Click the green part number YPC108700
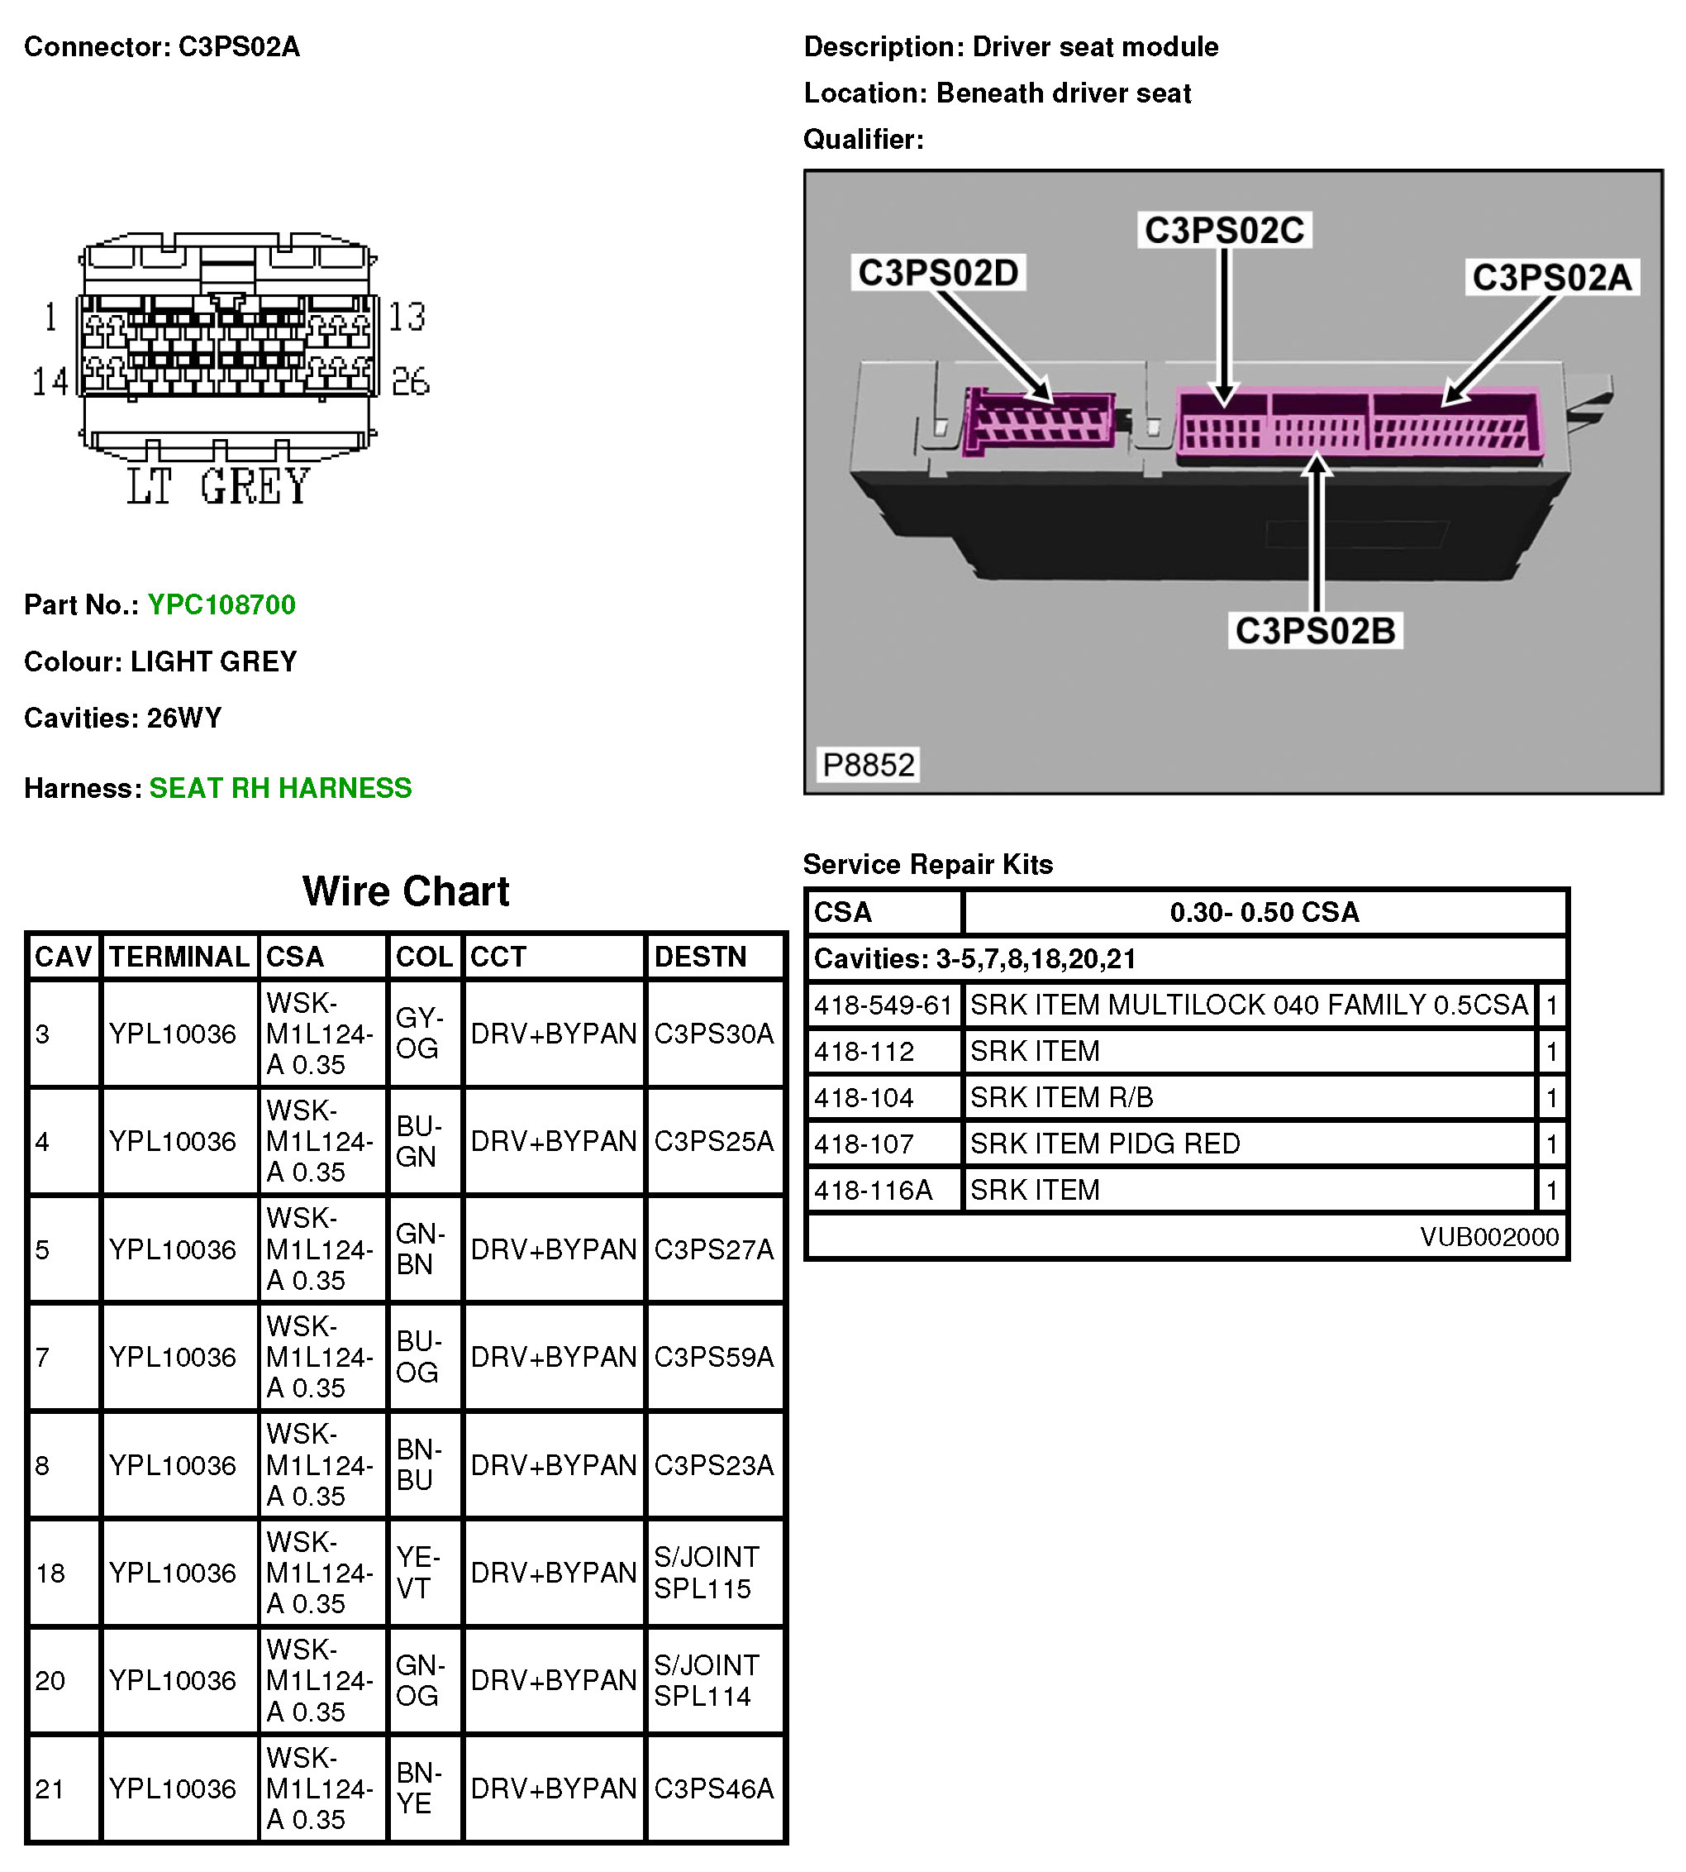tap(221, 605)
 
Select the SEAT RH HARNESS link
tap(280, 789)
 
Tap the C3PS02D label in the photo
tap(937, 274)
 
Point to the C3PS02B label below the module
tap(1315, 631)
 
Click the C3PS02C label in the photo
tap(1224, 231)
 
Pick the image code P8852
tap(868, 766)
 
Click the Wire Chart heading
tap(406, 891)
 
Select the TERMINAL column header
tap(179, 957)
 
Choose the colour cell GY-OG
tap(418, 1034)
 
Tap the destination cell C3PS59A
tap(713, 1358)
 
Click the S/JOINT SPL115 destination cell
tap(707, 1574)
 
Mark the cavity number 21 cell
tap(50, 1789)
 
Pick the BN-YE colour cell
tap(418, 1788)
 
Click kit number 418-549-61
tap(883, 1005)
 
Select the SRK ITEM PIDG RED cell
tap(1104, 1144)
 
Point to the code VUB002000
tap(1488, 1237)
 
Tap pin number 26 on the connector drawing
tap(411, 381)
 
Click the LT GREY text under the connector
tap(219, 488)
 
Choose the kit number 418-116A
tap(873, 1191)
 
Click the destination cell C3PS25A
tap(713, 1142)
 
